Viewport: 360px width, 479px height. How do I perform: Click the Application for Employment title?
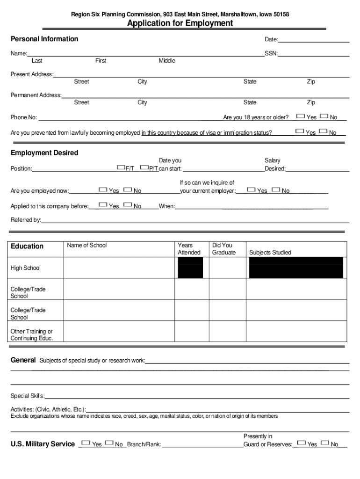180,23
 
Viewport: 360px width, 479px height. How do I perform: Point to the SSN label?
271,54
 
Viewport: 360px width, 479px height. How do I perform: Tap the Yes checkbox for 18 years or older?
301,116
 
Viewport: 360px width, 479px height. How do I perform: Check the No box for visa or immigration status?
323,131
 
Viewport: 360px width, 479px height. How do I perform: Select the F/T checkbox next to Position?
121,167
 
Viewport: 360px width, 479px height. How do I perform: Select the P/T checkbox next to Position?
144,167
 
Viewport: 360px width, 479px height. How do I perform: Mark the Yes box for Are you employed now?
103,189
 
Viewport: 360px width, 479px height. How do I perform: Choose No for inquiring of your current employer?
275,189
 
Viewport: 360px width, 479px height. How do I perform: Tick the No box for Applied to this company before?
128,205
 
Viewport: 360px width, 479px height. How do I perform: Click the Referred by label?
26,220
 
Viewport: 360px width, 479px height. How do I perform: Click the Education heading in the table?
27,247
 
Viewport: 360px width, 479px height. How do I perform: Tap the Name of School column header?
87,245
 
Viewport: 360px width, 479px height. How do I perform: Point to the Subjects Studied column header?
270,253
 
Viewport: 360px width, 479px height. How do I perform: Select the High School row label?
26,268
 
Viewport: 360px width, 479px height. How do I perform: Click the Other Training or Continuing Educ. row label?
32,335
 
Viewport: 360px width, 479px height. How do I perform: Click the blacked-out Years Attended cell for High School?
190,268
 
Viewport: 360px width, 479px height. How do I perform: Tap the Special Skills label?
28,396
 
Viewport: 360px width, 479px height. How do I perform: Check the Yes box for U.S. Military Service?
86,443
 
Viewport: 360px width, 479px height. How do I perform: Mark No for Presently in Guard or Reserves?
324,443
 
